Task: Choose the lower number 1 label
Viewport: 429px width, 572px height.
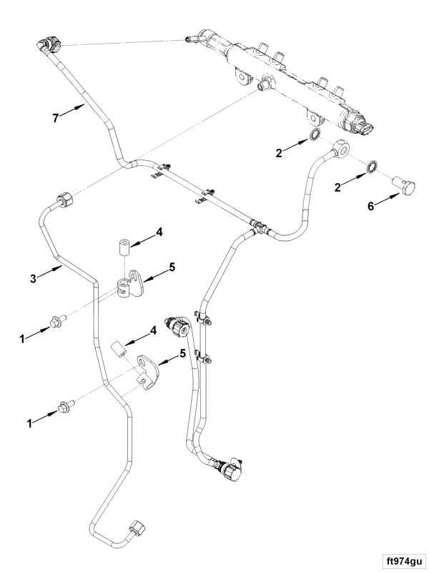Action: (31, 423)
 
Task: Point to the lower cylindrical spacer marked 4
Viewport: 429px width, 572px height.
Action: (119, 351)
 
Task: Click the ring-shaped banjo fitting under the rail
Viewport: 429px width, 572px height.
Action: (342, 147)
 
